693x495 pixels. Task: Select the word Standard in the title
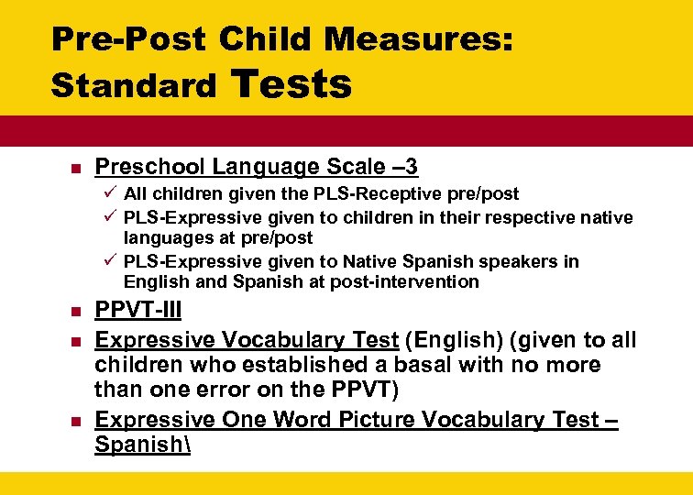[134, 86]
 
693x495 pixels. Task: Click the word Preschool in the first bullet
[149, 167]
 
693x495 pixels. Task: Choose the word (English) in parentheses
[449, 341]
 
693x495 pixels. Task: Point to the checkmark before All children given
[109, 193]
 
